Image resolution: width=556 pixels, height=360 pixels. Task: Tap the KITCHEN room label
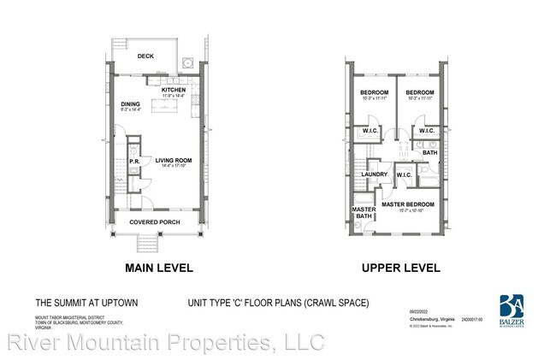click(174, 89)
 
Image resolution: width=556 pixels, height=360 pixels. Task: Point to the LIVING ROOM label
click(174, 160)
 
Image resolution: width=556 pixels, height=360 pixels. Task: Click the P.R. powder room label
click(135, 161)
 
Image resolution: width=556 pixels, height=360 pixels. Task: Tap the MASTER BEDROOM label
click(408, 204)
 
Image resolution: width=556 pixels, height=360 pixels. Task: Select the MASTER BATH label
click(364, 213)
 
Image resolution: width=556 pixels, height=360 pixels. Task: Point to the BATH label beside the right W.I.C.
click(429, 152)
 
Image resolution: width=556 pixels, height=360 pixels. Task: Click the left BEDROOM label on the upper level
click(375, 92)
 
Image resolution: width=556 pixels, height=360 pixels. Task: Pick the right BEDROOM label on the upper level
click(421, 92)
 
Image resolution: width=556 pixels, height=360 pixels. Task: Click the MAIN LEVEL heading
click(159, 268)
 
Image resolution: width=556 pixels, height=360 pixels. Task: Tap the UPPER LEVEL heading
click(401, 268)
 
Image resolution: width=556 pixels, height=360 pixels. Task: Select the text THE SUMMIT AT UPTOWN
click(74, 303)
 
